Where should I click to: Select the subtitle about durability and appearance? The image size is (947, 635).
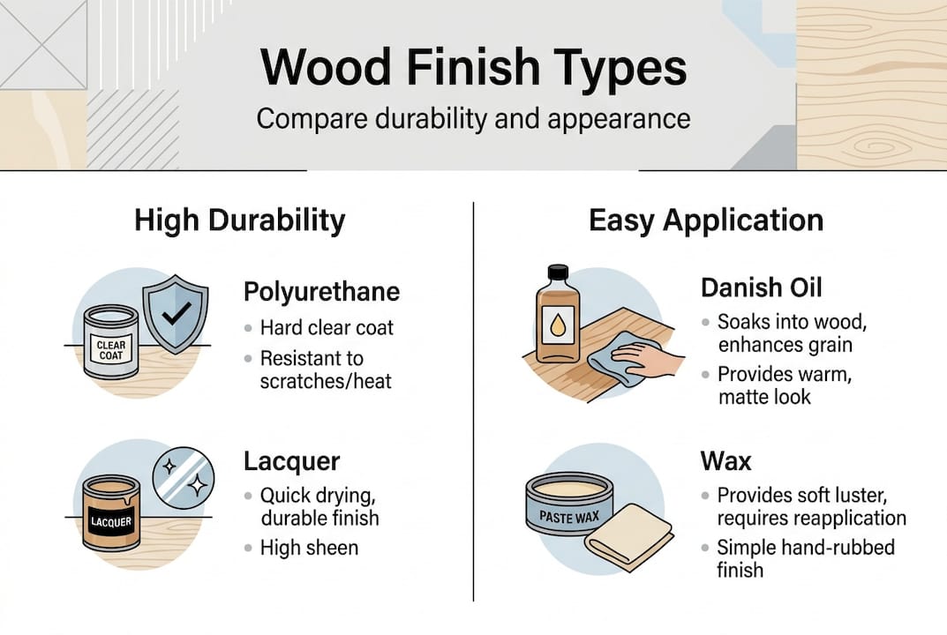click(x=474, y=118)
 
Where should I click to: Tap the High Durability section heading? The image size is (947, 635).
click(x=240, y=220)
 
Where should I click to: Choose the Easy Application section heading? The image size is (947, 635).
click(x=706, y=220)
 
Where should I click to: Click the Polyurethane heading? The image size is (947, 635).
click(x=321, y=292)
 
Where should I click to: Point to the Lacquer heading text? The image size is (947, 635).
click(x=291, y=460)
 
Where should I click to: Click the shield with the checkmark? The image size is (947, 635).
click(x=176, y=314)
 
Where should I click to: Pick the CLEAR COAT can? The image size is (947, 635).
click(x=110, y=342)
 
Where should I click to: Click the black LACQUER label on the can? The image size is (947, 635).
click(x=110, y=521)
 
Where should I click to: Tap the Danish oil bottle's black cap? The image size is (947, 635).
click(x=557, y=273)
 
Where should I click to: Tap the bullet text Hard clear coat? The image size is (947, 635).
click(x=327, y=328)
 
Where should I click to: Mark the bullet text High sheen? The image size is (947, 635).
click(x=309, y=548)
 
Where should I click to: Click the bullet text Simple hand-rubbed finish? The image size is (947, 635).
click(x=805, y=558)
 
